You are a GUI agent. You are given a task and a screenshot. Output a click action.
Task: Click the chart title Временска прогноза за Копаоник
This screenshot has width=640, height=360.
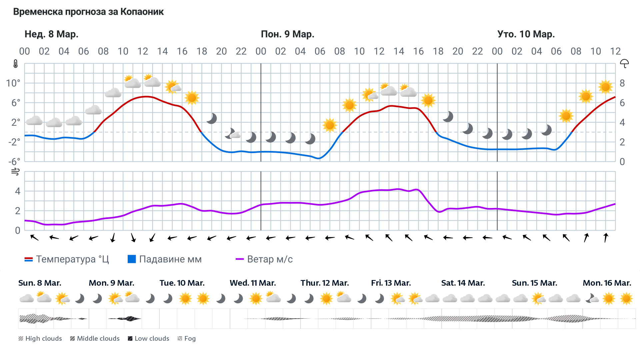[x=88, y=12]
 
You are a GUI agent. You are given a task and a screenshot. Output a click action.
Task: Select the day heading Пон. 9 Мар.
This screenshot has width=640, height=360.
[x=287, y=34]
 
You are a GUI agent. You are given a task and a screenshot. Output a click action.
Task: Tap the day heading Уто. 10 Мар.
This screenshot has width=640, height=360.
[x=526, y=34]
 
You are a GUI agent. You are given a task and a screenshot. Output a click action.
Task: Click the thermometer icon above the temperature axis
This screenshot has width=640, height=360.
[x=15, y=64]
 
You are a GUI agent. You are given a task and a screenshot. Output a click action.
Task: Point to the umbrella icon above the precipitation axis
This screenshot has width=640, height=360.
[x=624, y=63]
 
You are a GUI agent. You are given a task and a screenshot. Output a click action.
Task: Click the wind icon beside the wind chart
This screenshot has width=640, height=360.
[x=15, y=172]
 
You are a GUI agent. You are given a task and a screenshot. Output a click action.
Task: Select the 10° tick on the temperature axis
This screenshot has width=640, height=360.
[x=13, y=83]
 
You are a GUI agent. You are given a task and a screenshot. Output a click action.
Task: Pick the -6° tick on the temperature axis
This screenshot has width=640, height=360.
[x=14, y=162]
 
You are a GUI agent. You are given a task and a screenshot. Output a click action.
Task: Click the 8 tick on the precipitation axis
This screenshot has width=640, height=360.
[x=622, y=83]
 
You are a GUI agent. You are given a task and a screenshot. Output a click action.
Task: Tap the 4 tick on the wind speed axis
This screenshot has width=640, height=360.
[x=17, y=191]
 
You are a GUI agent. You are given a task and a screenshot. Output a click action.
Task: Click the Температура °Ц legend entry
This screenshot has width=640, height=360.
[x=67, y=259]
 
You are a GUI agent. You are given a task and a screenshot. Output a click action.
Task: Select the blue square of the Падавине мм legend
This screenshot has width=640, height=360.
[x=132, y=259]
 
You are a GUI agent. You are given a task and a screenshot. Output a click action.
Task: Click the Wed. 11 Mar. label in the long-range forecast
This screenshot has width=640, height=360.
[x=253, y=283]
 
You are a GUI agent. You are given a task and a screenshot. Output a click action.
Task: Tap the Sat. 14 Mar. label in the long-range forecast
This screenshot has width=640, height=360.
[x=463, y=283]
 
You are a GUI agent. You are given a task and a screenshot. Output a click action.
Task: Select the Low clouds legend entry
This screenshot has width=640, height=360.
[x=149, y=339]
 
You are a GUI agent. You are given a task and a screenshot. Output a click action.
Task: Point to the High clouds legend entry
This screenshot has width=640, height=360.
[x=40, y=339]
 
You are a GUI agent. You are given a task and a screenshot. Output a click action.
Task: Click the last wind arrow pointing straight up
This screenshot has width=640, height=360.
[x=606, y=238]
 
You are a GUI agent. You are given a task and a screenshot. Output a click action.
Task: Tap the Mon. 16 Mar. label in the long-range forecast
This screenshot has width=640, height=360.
[x=607, y=283]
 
